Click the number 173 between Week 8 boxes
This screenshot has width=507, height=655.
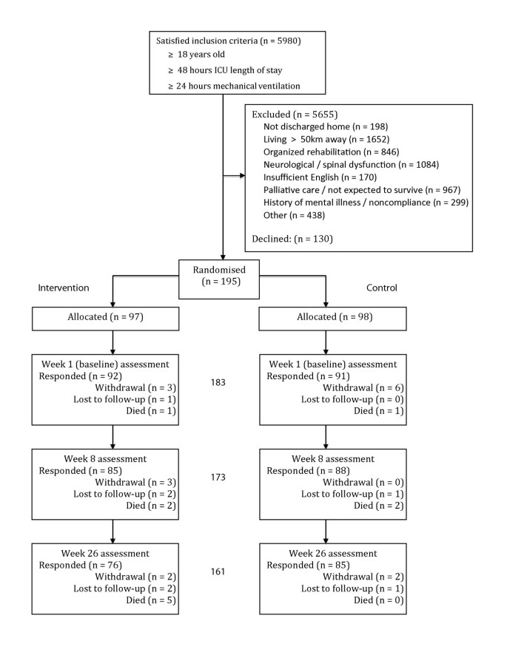219,477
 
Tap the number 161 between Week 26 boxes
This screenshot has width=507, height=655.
219,571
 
